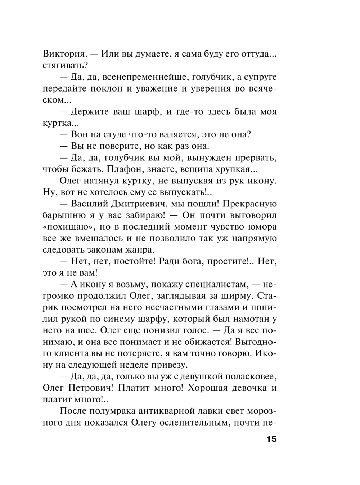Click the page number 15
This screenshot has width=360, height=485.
[x=271, y=440]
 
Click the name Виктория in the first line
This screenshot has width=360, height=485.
[x=63, y=54]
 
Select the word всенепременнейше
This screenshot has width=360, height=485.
[x=144, y=77]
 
